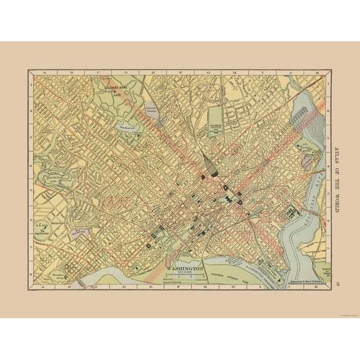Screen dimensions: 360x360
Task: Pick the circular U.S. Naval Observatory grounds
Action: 42,229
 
